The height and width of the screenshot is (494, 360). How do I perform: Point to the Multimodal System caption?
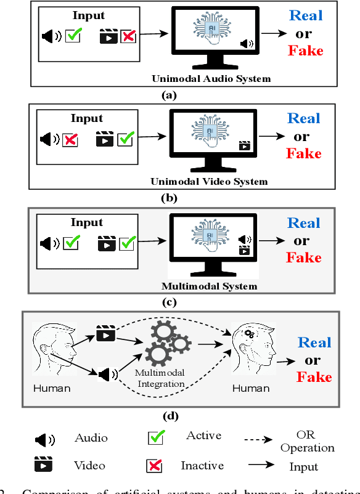point(209,286)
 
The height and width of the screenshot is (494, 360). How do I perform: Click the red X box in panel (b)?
point(71,140)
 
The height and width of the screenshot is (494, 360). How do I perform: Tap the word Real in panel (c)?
point(304,223)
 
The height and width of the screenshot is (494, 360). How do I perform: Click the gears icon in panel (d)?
point(166,344)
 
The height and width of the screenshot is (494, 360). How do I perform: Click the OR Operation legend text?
point(307,442)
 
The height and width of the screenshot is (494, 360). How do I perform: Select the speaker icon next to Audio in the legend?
point(44,440)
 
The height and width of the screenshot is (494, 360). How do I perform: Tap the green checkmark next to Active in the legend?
point(155,438)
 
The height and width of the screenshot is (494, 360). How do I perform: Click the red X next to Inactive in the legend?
point(154,466)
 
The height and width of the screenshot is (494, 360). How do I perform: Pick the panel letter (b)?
point(168,198)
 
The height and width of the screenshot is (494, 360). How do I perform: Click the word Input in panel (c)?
point(87,222)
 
